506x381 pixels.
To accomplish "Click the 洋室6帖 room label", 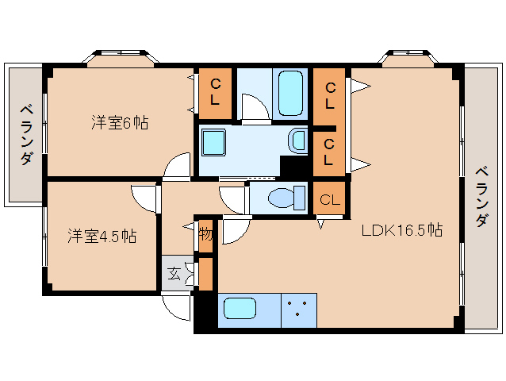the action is pyautogui.click(x=120, y=122).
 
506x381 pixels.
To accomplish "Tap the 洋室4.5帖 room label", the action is pyautogui.click(x=102, y=236).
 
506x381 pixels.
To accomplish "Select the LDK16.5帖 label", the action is pyautogui.click(x=401, y=230).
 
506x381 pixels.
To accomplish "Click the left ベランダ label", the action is pyautogui.click(x=27, y=135).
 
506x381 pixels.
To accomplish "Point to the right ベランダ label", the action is pyautogui.click(x=481, y=197).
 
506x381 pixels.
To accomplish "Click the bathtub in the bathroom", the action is pyautogui.click(x=290, y=94).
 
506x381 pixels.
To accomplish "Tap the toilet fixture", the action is pyautogui.click(x=287, y=198).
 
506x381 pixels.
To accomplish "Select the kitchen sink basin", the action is pyautogui.click(x=240, y=309).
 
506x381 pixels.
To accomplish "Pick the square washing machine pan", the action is pyautogui.click(x=213, y=142).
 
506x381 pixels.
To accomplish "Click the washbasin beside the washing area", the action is pyautogui.click(x=297, y=140).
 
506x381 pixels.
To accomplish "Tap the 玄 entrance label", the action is pyautogui.click(x=174, y=274).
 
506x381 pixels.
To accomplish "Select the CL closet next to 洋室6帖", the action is pyautogui.click(x=215, y=94).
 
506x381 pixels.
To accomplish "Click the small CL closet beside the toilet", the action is pyautogui.click(x=329, y=198).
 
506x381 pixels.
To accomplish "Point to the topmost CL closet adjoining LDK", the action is pyautogui.click(x=329, y=96).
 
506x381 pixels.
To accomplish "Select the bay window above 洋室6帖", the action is pyautogui.click(x=121, y=58).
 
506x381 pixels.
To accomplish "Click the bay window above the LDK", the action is pyautogui.click(x=408, y=58).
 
